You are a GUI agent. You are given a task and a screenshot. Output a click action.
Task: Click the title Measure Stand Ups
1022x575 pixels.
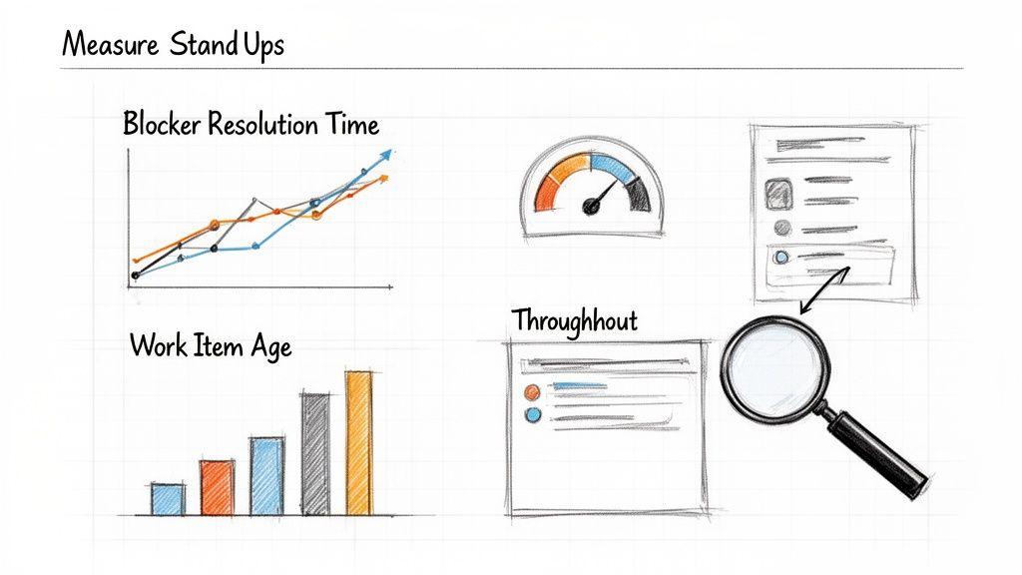pos(173,45)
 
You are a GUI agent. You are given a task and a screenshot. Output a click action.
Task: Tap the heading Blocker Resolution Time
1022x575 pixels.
pos(251,125)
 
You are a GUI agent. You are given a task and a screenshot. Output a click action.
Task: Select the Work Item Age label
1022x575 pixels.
pos(211,346)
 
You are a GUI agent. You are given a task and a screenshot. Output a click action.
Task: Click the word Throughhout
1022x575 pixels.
pos(574,320)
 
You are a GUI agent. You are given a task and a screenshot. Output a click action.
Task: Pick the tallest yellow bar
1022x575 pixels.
pos(359,443)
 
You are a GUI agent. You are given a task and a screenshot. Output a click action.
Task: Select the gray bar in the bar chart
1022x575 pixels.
pos(315,454)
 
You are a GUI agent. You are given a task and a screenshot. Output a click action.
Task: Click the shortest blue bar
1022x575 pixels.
pos(168,498)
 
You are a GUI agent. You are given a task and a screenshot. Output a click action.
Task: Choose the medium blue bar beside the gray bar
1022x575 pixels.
pos(265,476)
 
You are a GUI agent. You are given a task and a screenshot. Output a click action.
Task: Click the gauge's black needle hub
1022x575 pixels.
pos(590,206)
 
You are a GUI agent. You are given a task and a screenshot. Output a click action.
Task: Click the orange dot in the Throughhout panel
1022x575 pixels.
pos(531,391)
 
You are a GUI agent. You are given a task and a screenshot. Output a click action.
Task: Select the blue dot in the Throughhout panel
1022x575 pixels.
pos(532,414)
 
